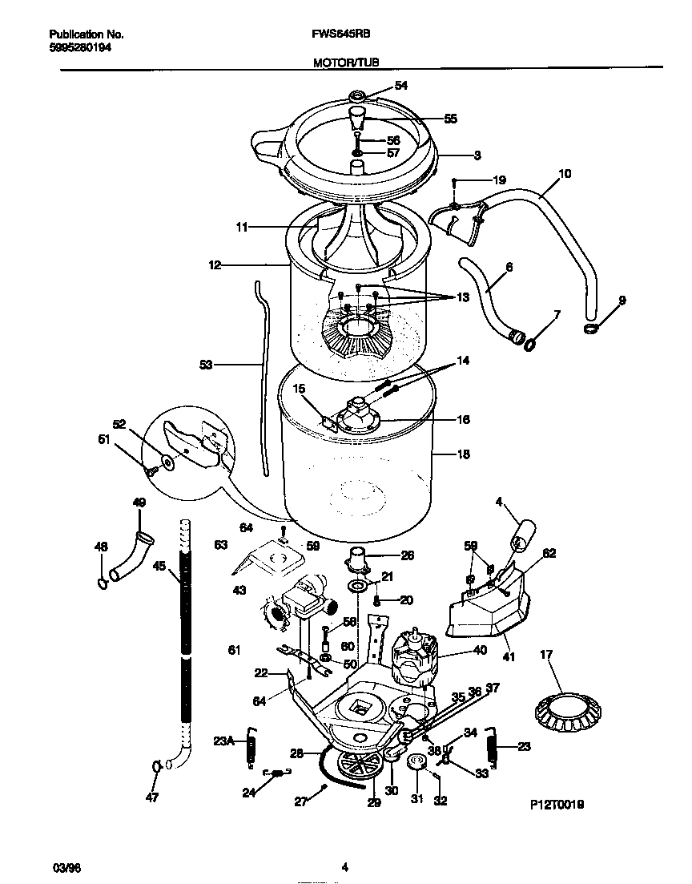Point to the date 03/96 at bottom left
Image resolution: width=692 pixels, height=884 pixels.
[x=63, y=866]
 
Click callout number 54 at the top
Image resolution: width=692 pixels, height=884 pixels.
[x=401, y=86]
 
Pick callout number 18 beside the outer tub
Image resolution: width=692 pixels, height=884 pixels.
[x=462, y=454]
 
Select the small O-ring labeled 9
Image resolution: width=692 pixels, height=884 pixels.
[x=591, y=329]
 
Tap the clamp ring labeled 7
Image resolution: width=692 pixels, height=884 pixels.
[x=529, y=345]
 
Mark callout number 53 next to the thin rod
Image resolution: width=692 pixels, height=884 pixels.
[x=206, y=365]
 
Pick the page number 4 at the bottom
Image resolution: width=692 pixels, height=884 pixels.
[x=344, y=866]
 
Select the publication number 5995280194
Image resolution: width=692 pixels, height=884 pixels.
[x=80, y=47]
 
